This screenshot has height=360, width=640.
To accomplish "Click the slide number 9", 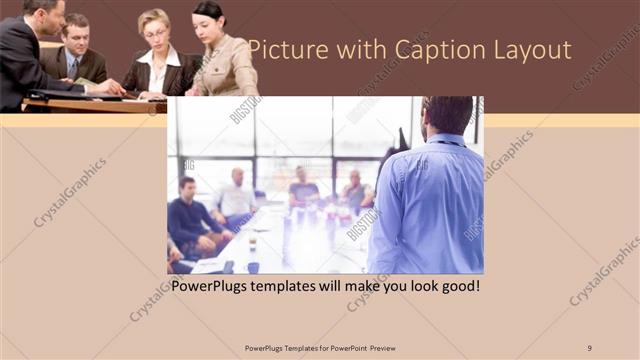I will (589, 347).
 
